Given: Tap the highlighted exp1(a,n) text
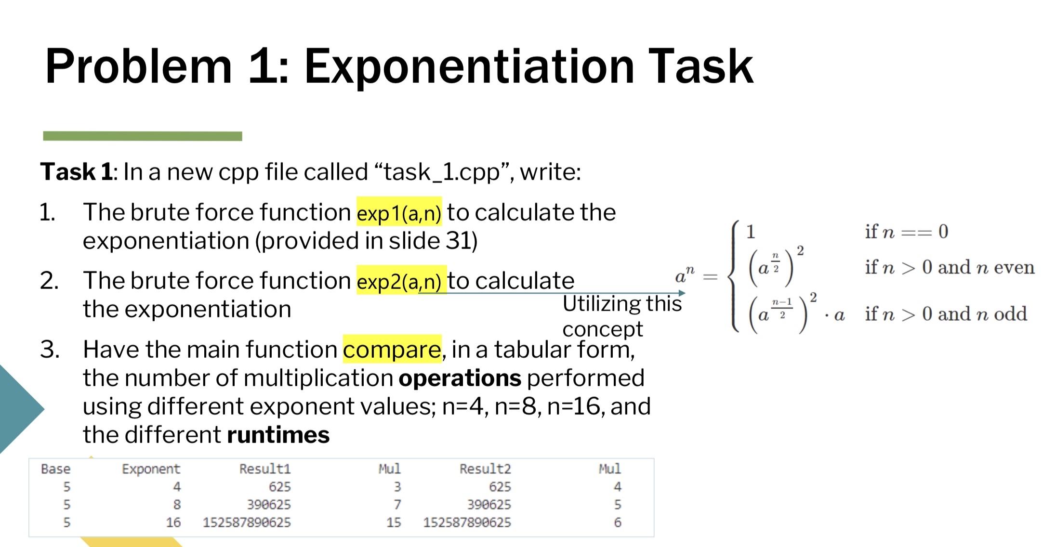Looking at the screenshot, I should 399,212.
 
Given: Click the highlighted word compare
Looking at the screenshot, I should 392,349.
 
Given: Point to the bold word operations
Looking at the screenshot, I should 460,378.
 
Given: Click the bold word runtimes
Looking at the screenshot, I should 278,435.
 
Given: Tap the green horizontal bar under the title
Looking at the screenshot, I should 143,136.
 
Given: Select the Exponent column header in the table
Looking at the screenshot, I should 151,469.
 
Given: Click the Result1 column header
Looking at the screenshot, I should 265,469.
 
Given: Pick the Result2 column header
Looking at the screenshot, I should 485,469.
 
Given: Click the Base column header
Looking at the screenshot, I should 56,469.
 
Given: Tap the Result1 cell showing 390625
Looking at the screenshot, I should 269,505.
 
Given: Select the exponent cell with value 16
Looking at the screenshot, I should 173,522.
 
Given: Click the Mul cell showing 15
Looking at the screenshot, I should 394,522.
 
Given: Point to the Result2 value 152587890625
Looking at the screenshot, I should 467,522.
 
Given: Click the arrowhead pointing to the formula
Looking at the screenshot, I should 682,293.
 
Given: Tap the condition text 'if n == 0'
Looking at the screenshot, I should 906,232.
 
